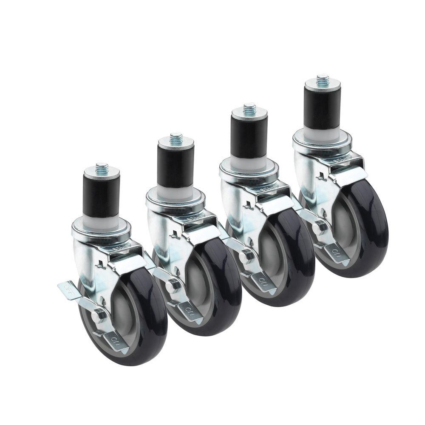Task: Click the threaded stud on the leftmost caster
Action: point(102,167)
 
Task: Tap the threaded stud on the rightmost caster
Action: point(323,79)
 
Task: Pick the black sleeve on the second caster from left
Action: point(176,166)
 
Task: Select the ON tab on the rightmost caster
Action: point(337,254)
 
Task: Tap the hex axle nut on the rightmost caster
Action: point(320,227)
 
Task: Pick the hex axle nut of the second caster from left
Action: point(173,286)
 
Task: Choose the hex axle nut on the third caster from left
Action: point(246,256)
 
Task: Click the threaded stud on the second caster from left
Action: point(176,139)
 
